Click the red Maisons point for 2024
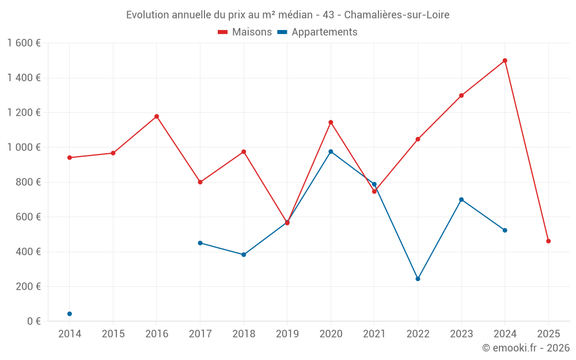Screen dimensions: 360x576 click(x=505, y=60)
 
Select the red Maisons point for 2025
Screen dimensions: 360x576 click(x=548, y=241)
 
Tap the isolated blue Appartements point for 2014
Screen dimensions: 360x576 click(x=70, y=314)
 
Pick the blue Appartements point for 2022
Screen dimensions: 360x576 click(x=418, y=279)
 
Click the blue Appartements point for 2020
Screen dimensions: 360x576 click(x=331, y=151)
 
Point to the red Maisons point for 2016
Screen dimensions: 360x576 click(x=157, y=116)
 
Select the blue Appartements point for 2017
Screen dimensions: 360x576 click(x=200, y=243)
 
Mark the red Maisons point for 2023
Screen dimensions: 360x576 click(x=461, y=96)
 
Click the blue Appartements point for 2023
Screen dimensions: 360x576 click(x=461, y=199)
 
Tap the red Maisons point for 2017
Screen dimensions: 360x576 click(x=200, y=182)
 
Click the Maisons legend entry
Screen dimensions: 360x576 click(x=245, y=32)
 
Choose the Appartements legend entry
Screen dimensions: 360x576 click(x=317, y=32)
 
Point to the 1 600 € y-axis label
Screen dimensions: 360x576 click(x=24, y=43)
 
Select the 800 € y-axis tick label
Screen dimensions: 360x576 click(x=27, y=182)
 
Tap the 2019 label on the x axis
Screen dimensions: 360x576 click(x=287, y=334)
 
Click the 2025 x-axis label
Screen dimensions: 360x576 click(x=548, y=334)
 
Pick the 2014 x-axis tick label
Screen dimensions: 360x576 click(x=70, y=334)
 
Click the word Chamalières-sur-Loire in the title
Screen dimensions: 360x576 click(x=396, y=15)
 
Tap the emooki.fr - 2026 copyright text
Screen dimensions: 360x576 click(x=526, y=348)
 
